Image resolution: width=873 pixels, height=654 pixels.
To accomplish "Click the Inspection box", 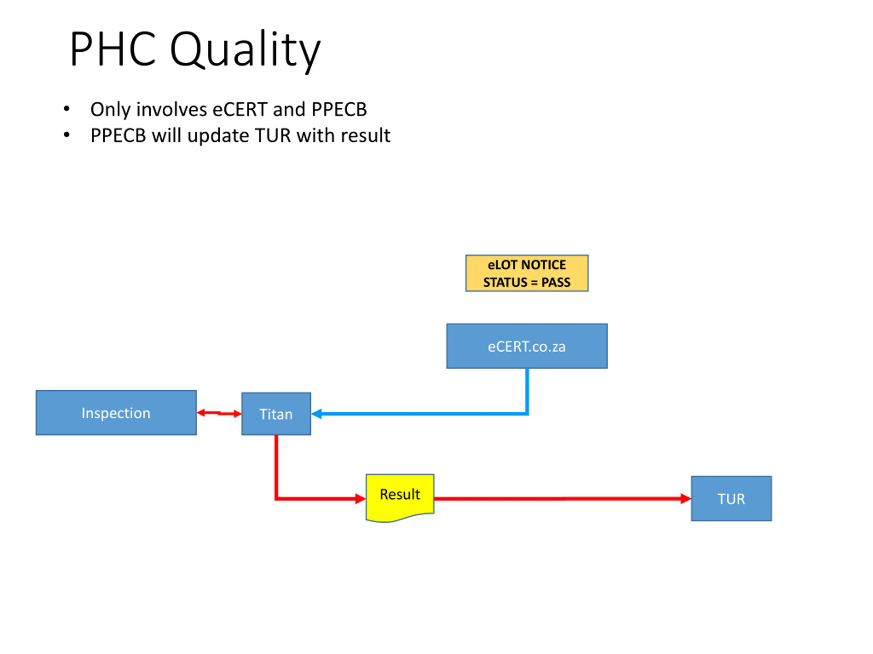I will (x=116, y=413).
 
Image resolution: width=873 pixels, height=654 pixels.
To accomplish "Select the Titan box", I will (x=276, y=414).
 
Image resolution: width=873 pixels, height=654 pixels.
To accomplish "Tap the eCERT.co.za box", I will (x=527, y=346).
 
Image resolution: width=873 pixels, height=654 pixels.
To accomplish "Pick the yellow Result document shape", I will (x=400, y=495).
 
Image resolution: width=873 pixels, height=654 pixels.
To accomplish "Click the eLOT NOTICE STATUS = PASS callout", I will (x=527, y=273).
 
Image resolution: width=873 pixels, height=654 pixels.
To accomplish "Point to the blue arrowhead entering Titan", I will (x=317, y=414).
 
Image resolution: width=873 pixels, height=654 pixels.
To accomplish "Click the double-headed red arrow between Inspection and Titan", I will (x=219, y=413).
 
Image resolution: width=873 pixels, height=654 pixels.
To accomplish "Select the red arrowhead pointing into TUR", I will (x=685, y=499).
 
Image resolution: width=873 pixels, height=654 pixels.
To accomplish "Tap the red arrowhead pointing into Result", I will (x=360, y=499).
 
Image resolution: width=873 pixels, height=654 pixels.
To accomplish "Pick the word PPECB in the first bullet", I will (x=339, y=109).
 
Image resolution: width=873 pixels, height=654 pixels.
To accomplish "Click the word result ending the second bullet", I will (x=366, y=135).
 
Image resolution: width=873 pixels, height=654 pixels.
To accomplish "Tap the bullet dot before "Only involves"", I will (x=67, y=109).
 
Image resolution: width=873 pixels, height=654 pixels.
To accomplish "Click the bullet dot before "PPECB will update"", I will (x=67, y=135).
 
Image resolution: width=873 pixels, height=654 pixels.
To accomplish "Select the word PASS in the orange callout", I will (x=556, y=282).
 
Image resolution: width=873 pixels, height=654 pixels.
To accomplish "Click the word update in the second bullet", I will (x=218, y=136).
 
